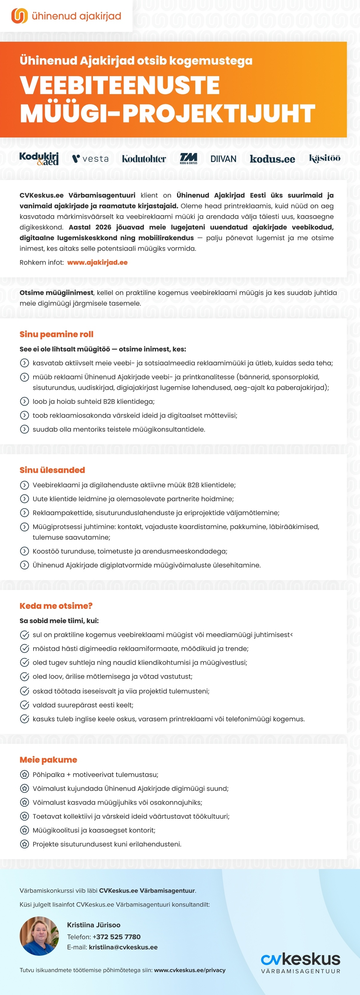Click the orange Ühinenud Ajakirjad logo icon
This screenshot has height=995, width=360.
coord(19,16)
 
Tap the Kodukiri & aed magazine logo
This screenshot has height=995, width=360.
coord(39,158)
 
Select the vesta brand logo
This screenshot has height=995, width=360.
coord(90,159)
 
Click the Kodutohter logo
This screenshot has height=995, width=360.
coord(144,159)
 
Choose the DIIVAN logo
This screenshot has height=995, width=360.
coord(223,159)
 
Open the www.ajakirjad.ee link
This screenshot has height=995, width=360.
coord(97,262)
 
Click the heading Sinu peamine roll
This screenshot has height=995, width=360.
coord(56,334)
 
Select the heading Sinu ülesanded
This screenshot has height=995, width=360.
coord(52,470)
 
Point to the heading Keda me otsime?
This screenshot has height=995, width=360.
coord(56,606)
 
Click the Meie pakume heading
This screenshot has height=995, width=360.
coord(48,759)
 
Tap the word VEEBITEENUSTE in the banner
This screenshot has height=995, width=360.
coord(120,85)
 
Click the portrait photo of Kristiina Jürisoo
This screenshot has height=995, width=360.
coord(39,936)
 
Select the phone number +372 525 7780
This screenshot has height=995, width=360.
coord(117,937)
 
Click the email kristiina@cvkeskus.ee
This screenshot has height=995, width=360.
coord(123,947)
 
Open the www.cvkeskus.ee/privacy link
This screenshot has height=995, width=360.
coord(190,970)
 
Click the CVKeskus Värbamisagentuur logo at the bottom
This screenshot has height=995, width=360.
coord(301,963)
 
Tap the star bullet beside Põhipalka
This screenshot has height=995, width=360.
coord(24,774)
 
